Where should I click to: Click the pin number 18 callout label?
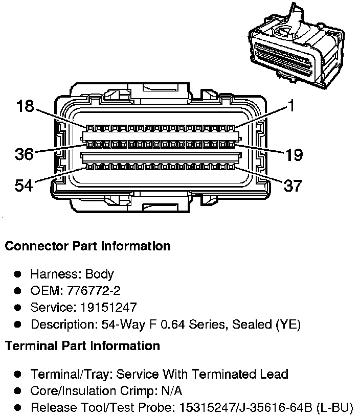(24, 106)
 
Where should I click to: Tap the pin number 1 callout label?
(290, 106)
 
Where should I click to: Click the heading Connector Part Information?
(87, 246)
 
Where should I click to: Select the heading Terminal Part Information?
(82, 346)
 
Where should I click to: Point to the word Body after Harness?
(99, 274)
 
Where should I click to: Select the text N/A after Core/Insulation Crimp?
(171, 391)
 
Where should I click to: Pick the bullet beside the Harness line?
(18, 274)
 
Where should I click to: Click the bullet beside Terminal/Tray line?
(18, 374)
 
